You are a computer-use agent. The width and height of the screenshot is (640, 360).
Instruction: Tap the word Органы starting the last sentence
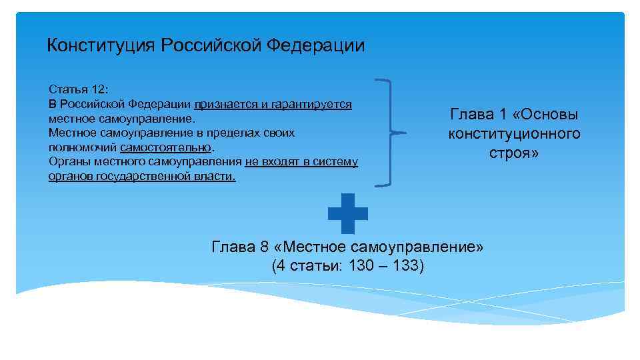[67, 161]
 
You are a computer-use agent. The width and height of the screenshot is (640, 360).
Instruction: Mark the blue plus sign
[347, 213]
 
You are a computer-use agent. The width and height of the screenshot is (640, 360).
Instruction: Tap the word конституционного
[514, 134]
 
